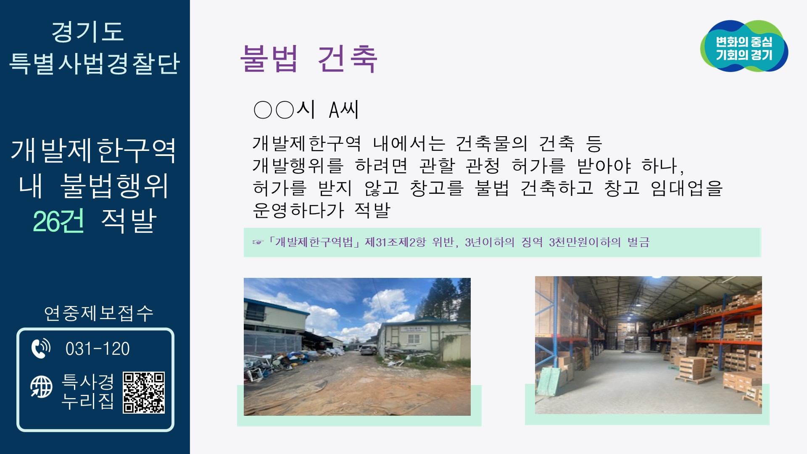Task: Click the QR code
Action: tap(143, 393)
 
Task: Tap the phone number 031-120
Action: tap(98, 349)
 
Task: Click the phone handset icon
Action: tap(41, 348)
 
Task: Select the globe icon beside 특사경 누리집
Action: tap(41, 387)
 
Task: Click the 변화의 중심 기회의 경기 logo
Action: tap(744, 47)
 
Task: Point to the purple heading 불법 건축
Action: tap(309, 59)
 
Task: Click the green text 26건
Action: tap(58, 222)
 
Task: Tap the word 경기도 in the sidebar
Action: tap(87, 32)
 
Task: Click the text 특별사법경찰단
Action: tap(95, 64)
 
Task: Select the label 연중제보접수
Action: tap(99, 313)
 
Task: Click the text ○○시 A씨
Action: tap(306, 110)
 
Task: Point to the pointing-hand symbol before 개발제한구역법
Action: tap(257, 243)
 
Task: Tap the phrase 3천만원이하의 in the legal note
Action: tap(585, 243)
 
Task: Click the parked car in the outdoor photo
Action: tap(369, 349)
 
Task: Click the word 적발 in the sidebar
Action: tap(129, 222)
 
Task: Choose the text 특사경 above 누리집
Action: tap(88, 382)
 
